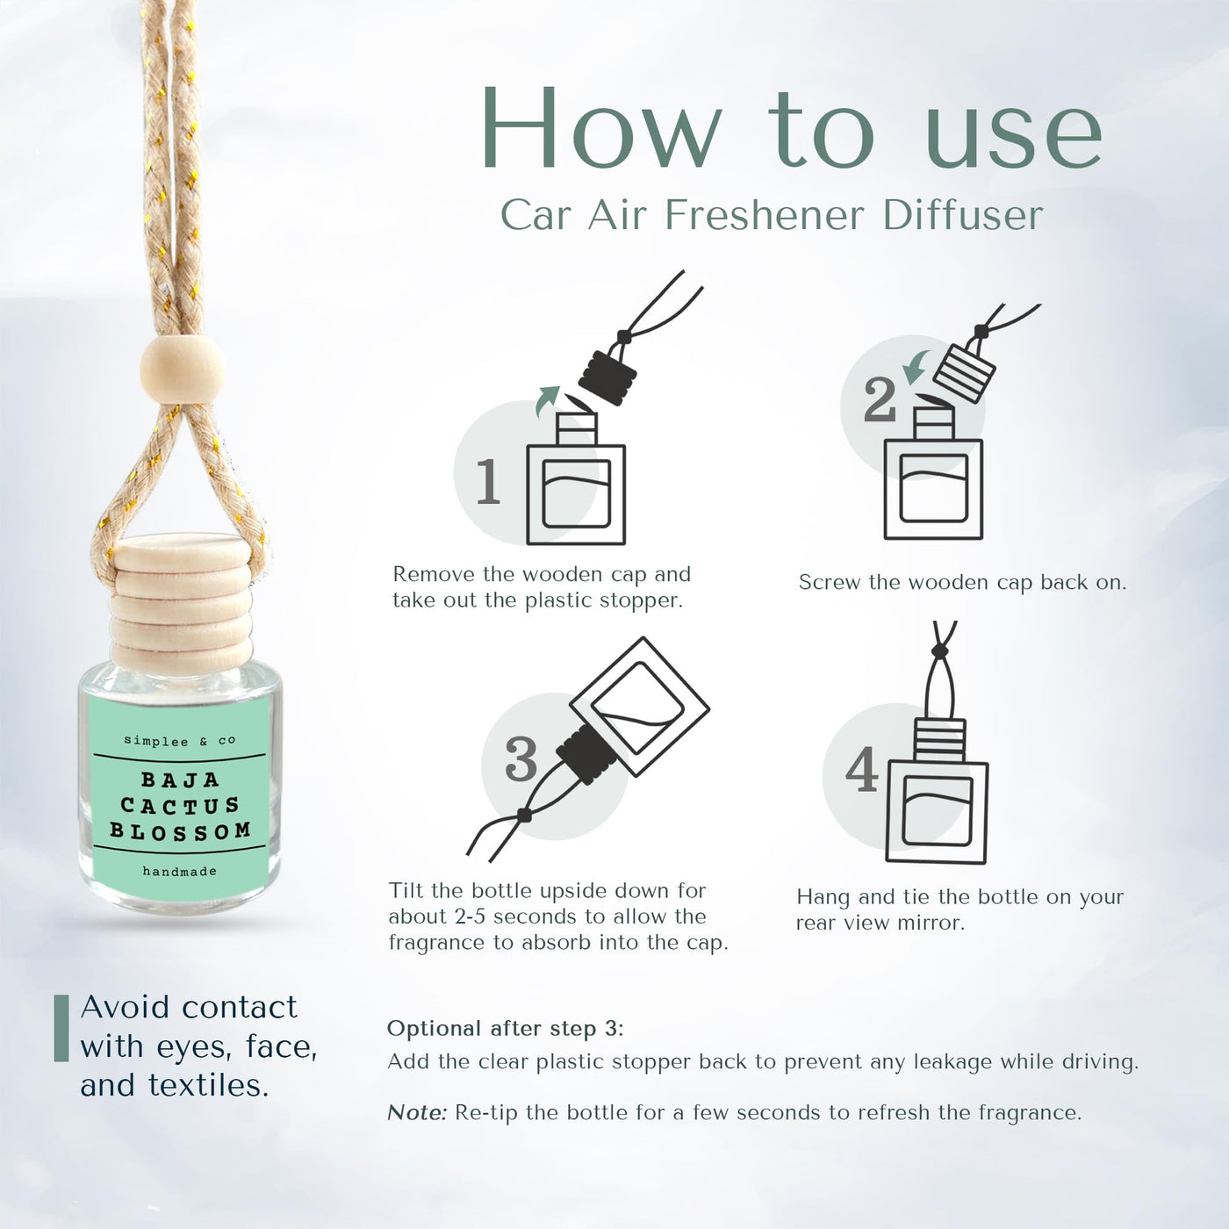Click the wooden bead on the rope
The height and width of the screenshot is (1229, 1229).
pyautogui.click(x=183, y=370)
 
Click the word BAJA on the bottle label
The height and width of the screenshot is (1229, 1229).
pyautogui.click(x=180, y=780)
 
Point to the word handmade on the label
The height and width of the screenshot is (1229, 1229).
pyautogui.click(x=179, y=871)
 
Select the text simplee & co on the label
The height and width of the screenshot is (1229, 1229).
pyautogui.click(x=180, y=740)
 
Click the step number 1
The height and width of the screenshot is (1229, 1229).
pyautogui.click(x=489, y=481)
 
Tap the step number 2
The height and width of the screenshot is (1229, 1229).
pyautogui.click(x=880, y=400)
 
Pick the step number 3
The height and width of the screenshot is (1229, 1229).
pyautogui.click(x=521, y=759)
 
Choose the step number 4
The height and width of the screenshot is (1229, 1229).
pyautogui.click(x=862, y=769)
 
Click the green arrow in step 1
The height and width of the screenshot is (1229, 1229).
pyautogui.click(x=547, y=400)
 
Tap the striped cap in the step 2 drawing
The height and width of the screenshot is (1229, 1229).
pyautogui.click(x=964, y=374)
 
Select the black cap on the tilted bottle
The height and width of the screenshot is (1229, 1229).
pyautogui.click(x=586, y=758)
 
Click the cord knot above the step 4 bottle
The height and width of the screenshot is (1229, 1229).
pyautogui.click(x=938, y=650)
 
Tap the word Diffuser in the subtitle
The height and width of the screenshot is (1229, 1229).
pyautogui.click(x=963, y=215)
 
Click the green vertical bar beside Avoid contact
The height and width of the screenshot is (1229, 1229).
pyautogui.click(x=61, y=1028)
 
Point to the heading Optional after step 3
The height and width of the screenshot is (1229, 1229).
pyautogui.click(x=505, y=1029)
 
